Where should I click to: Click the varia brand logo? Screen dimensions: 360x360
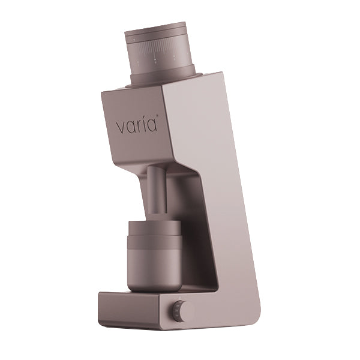point(136,126)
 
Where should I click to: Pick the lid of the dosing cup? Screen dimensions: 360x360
point(155,226)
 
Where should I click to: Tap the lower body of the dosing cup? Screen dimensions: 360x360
point(154,270)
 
